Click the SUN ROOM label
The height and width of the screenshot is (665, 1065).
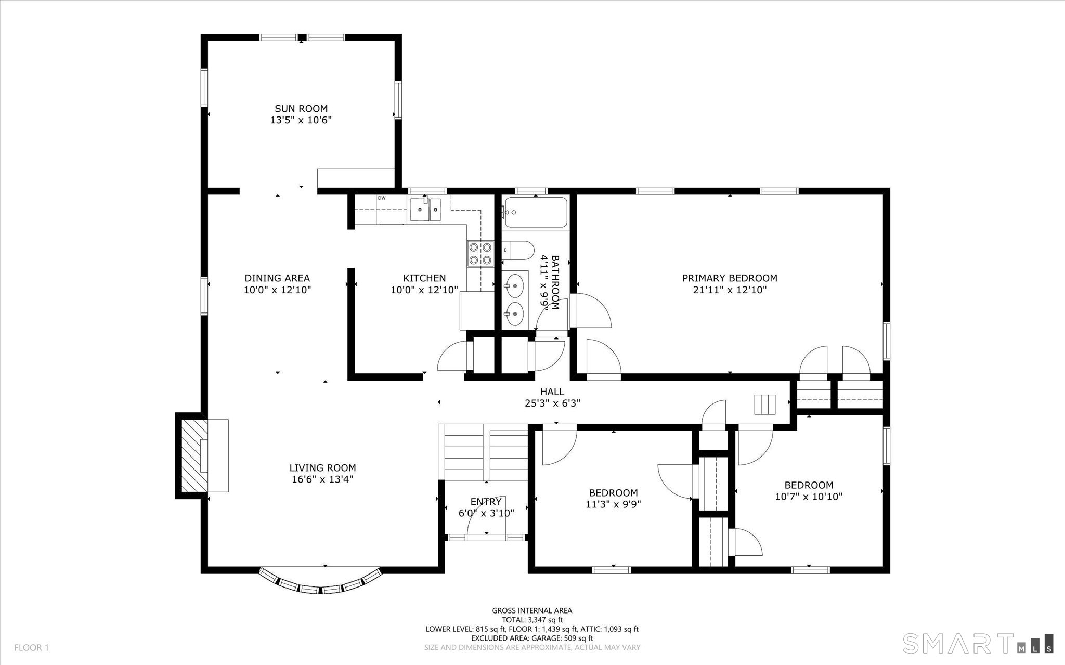click(301, 109)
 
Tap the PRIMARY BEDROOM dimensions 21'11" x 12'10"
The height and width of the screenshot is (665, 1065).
click(730, 290)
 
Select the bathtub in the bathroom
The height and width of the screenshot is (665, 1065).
click(536, 212)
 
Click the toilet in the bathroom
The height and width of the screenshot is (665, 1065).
click(518, 251)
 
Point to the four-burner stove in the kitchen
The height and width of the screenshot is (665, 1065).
click(480, 254)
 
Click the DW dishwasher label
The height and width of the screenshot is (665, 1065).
click(382, 198)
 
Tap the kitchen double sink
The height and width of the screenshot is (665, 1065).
click(425, 210)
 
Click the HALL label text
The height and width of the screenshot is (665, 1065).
click(552, 392)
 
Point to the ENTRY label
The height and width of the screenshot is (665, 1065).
click(486, 502)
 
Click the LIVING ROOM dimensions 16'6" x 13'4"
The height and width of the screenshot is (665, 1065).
click(322, 479)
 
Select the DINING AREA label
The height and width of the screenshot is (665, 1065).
click(277, 278)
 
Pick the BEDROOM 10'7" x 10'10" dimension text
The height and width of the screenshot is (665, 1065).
click(809, 497)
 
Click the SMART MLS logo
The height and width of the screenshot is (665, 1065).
click(978, 643)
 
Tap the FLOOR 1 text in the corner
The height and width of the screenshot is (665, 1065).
click(31, 648)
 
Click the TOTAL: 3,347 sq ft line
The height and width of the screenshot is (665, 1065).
click(532, 620)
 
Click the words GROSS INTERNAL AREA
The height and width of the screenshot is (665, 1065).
click(532, 610)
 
